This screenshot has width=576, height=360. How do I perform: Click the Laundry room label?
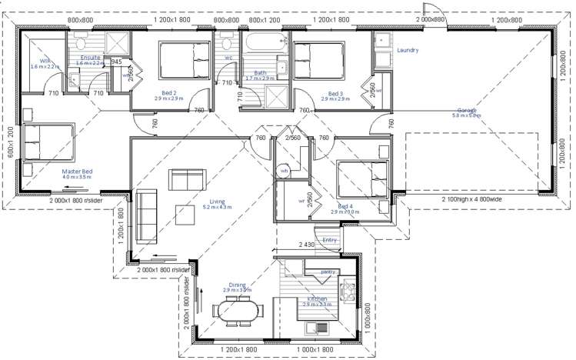[408, 51]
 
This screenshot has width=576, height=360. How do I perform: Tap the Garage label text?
[468, 110]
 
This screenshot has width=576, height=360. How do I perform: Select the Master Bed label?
[77, 172]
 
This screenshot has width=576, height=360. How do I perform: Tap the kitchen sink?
[322, 330]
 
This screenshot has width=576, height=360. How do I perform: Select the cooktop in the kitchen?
[347, 291]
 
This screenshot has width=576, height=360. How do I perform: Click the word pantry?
[328, 272]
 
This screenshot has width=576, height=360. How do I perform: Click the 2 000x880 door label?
[430, 18]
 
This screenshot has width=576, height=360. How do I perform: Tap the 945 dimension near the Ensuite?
[117, 62]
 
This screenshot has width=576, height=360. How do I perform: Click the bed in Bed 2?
[185, 61]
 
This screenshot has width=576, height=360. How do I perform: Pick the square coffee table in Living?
[185, 213]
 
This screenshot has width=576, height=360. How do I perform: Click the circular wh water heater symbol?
[284, 171]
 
